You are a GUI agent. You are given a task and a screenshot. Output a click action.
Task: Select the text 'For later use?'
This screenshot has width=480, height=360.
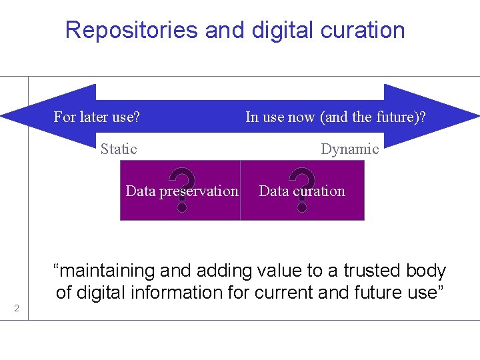click(97, 117)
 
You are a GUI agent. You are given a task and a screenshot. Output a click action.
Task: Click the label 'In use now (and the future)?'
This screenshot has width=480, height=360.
click(335, 117)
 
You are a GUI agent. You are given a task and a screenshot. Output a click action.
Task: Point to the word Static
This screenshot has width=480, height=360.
click(119, 149)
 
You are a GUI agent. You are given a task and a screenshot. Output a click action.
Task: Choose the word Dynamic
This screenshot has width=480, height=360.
click(349, 149)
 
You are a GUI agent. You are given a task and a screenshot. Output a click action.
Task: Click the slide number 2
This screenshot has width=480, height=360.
click(17, 308)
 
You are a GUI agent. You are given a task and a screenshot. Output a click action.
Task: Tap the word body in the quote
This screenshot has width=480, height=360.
click(427, 271)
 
